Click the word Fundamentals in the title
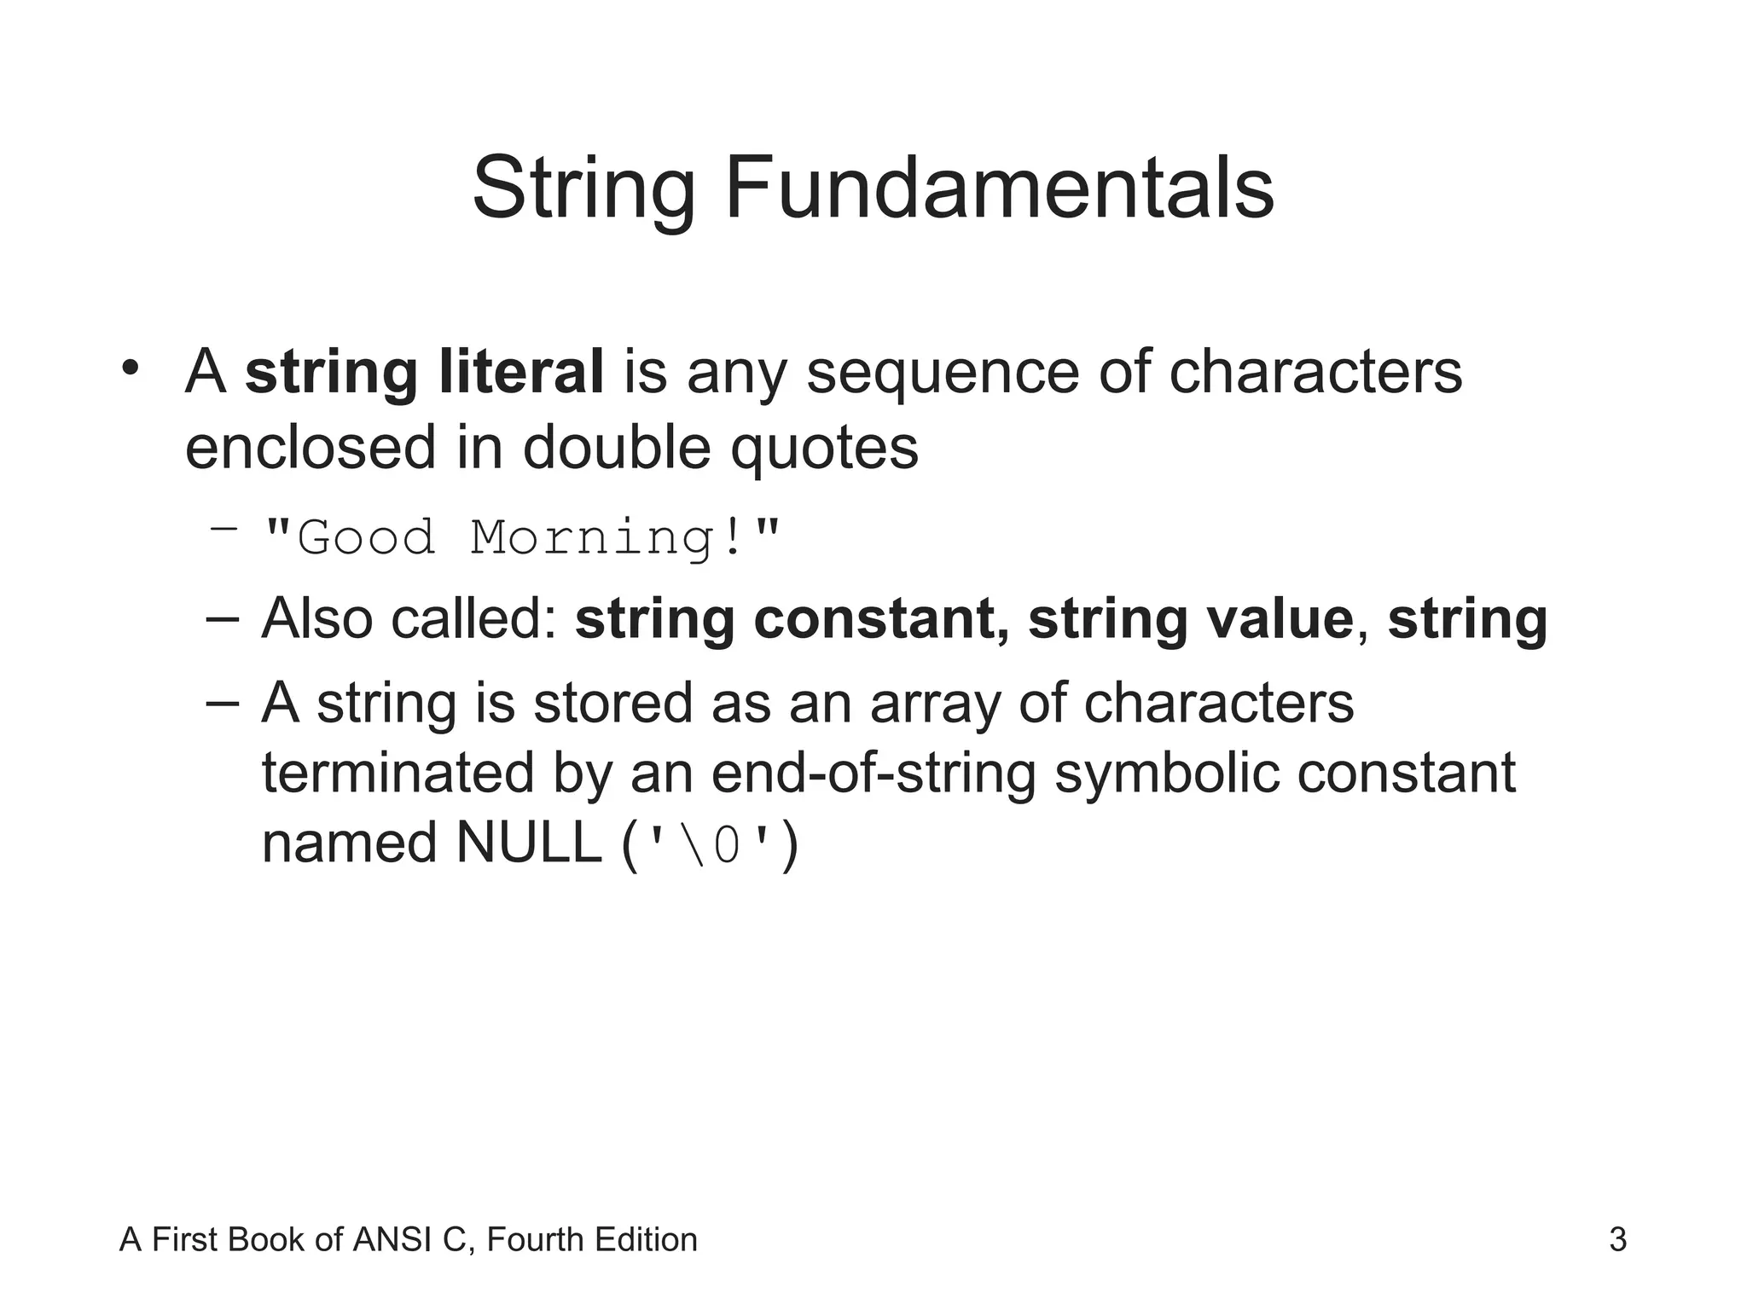click(x=999, y=188)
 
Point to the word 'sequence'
click(x=943, y=374)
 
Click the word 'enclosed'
click(x=310, y=447)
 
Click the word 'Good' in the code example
click(x=366, y=538)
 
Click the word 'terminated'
click(x=397, y=773)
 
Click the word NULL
click(x=529, y=843)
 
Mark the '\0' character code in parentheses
click(x=711, y=846)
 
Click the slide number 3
click(x=1617, y=1240)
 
